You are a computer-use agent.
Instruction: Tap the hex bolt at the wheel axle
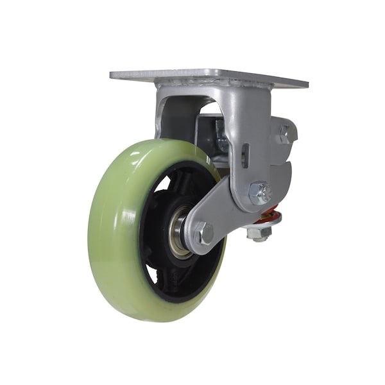click(x=203, y=233)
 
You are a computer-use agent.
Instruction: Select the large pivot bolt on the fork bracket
click(x=260, y=193)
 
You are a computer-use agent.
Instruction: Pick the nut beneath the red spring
click(x=259, y=235)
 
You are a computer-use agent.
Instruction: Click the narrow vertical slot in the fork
click(x=246, y=155)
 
